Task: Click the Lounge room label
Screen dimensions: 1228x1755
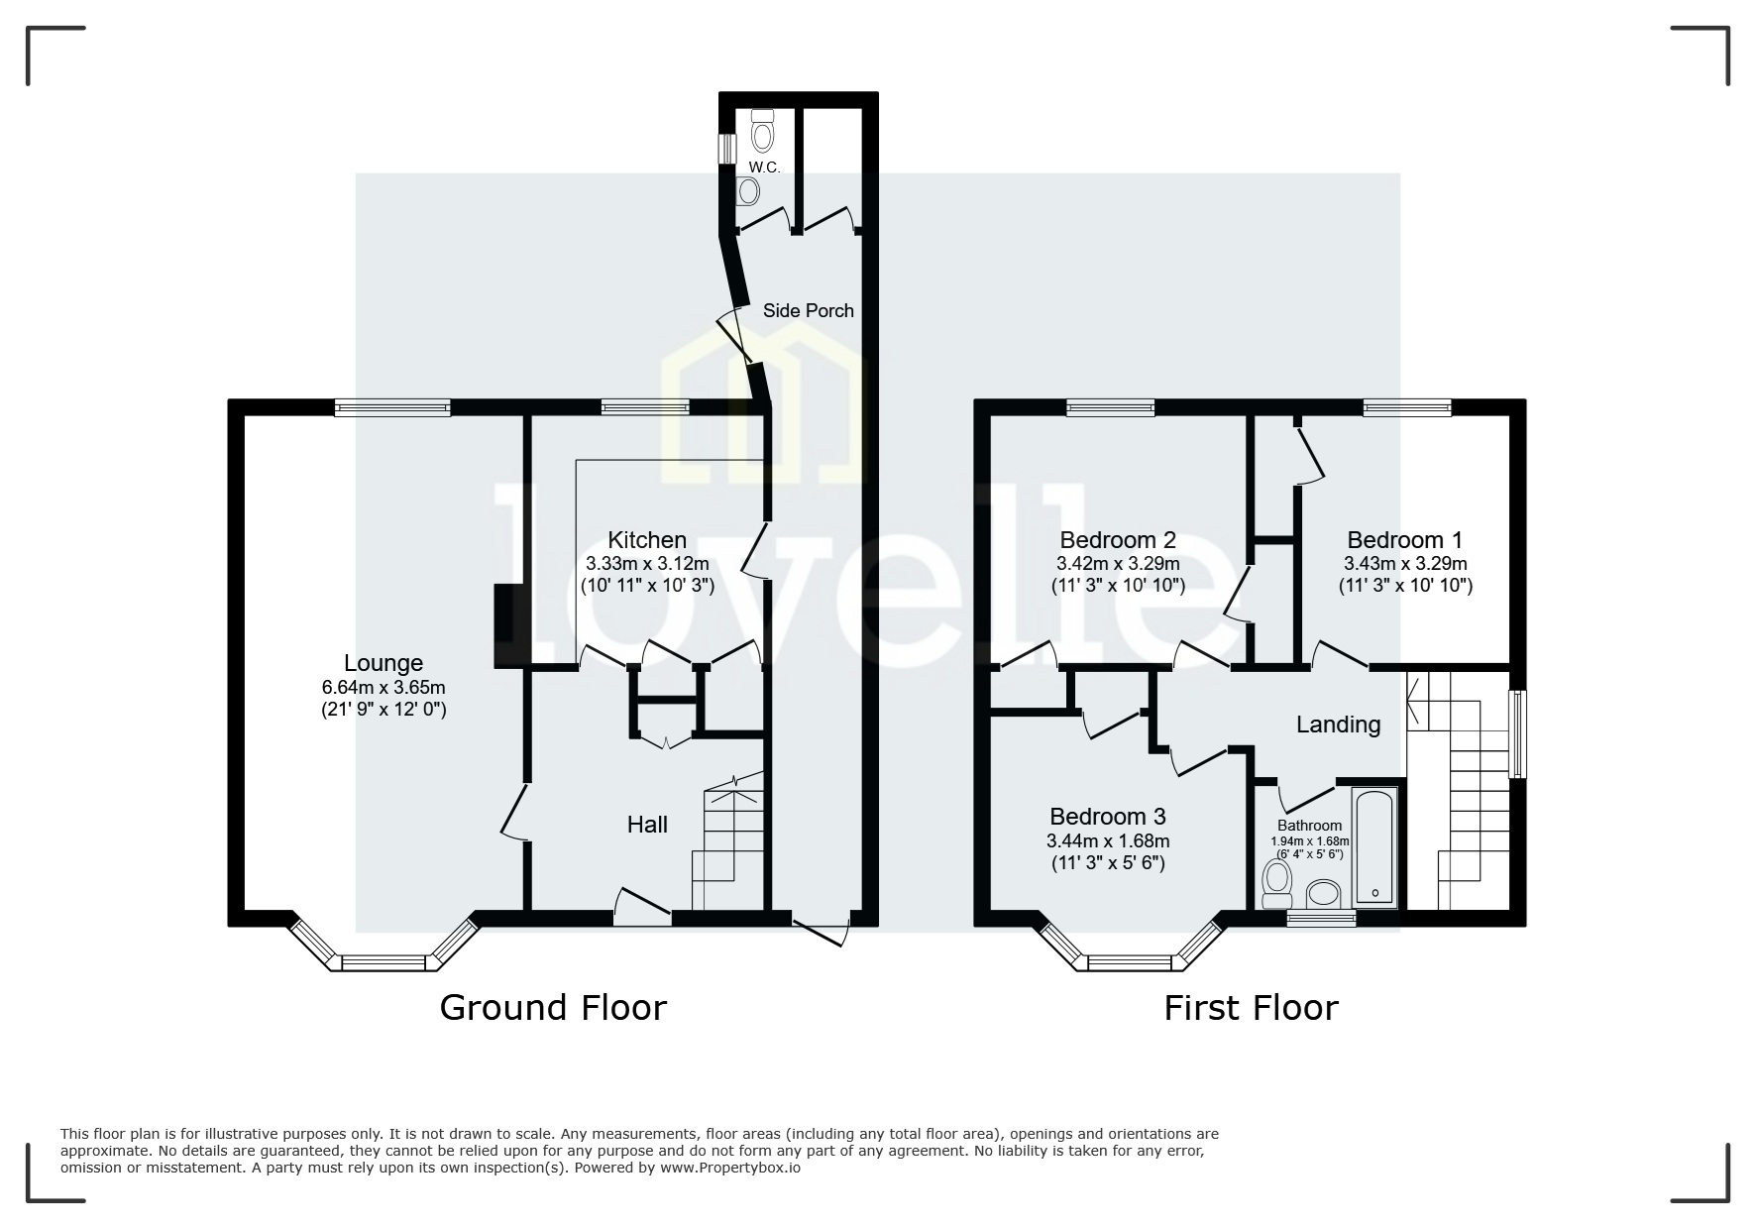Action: (383, 663)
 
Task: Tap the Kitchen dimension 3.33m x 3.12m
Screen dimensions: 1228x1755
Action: (647, 563)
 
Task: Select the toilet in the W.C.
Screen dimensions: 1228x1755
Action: (762, 130)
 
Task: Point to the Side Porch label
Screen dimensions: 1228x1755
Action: (808, 310)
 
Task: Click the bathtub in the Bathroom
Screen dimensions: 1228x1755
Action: (1374, 846)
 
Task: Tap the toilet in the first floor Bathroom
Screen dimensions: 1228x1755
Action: (1277, 881)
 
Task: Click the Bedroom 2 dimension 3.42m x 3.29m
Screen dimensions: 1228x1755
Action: (1118, 563)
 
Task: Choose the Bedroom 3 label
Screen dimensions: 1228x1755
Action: (1107, 817)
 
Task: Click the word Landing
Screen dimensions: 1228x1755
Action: (1338, 725)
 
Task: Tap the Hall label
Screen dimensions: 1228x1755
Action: (647, 825)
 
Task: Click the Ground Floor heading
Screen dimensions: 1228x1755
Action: (553, 1008)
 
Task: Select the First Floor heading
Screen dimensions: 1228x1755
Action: (1251, 1008)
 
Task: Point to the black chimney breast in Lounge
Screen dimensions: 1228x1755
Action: (503, 626)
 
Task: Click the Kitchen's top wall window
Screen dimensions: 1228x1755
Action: (645, 406)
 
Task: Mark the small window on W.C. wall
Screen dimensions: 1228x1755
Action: (727, 147)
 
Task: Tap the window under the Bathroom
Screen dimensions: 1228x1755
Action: (1321, 919)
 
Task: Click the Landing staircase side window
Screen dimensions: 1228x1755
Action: (1517, 733)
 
